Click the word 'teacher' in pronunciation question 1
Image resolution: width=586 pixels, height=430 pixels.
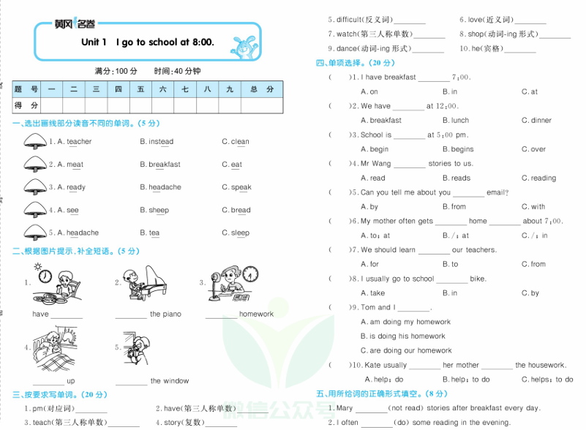tap(79, 142)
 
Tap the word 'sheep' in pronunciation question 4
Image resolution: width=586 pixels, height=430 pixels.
tap(159, 210)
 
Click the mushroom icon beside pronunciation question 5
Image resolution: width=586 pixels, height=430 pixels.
tap(34, 232)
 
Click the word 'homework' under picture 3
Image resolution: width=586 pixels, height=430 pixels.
tap(256, 314)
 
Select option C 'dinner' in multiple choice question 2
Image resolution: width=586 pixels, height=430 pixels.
tap(541, 121)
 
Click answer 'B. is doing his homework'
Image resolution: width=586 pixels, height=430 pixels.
tap(403, 336)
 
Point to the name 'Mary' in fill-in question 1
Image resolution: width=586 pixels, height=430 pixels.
tap(345, 408)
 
